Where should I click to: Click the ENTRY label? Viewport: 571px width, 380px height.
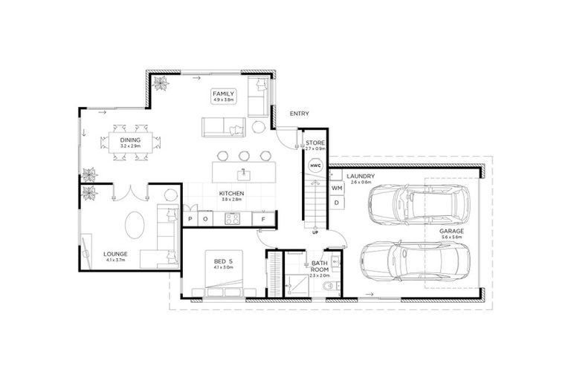pyautogui.click(x=300, y=114)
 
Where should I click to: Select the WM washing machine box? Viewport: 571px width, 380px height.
pyautogui.click(x=337, y=189)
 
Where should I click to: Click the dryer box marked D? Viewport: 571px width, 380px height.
pyautogui.click(x=337, y=202)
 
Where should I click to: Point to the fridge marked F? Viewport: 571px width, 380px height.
pyautogui.click(x=263, y=218)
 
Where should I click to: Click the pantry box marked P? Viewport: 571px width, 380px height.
pyautogui.click(x=191, y=218)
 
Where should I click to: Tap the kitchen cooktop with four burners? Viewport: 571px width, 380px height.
pyautogui.click(x=231, y=218)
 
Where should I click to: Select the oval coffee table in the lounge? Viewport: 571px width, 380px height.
pyautogui.click(x=135, y=225)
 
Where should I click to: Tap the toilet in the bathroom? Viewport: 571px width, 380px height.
pyautogui.click(x=338, y=286)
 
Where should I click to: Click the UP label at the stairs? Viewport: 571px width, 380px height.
pyautogui.click(x=314, y=232)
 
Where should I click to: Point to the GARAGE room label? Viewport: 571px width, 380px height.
pyautogui.click(x=451, y=232)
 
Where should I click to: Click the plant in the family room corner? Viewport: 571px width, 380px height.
pyautogui.click(x=161, y=83)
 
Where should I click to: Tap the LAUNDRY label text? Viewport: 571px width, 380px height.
pyautogui.click(x=361, y=176)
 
